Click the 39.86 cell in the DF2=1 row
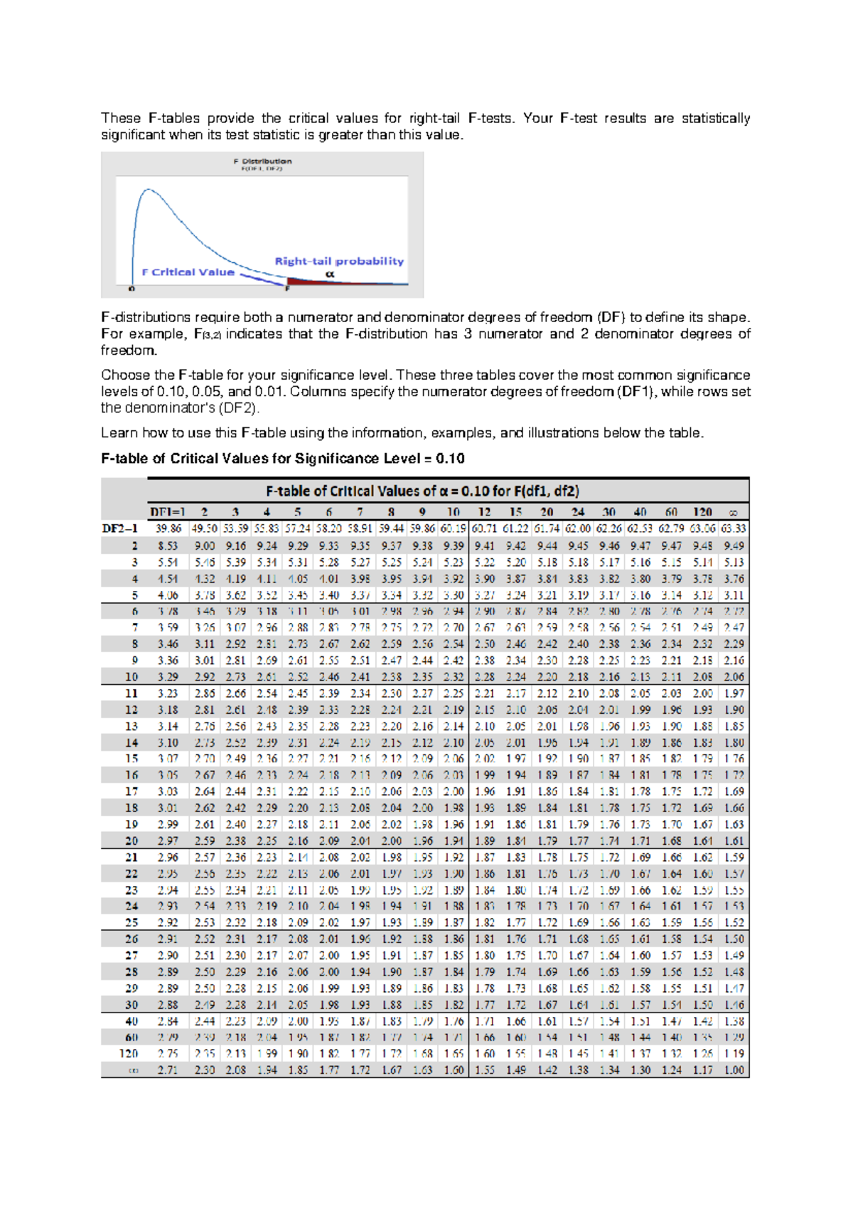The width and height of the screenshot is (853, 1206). pyautogui.click(x=168, y=528)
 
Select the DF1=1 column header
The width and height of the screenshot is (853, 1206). pyautogui.click(x=168, y=512)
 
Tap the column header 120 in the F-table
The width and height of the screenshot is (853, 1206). pyautogui.click(x=702, y=512)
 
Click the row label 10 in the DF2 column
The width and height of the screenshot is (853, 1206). pyautogui.click(x=132, y=676)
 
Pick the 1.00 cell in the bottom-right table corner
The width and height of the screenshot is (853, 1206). pyautogui.click(x=734, y=1069)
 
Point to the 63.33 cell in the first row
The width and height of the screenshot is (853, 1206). pyautogui.click(x=734, y=528)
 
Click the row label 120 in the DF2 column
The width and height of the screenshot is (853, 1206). pyautogui.click(x=129, y=1053)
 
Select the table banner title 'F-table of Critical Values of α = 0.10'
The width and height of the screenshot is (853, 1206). pyautogui.click(x=422, y=491)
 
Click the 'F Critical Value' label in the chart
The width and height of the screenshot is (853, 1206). pyautogui.click(x=188, y=272)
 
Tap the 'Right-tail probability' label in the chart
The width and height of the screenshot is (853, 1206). pyautogui.click(x=339, y=261)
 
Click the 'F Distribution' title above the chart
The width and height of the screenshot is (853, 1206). pyautogui.click(x=262, y=161)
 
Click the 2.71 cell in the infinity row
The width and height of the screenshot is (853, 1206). pyautogui.click(x=168, y=1069)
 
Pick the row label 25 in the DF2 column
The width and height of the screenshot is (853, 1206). pyautogui.click(x=132, y=922)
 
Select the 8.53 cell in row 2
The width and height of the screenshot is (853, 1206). pyautogui.click(x=168, y=545)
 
